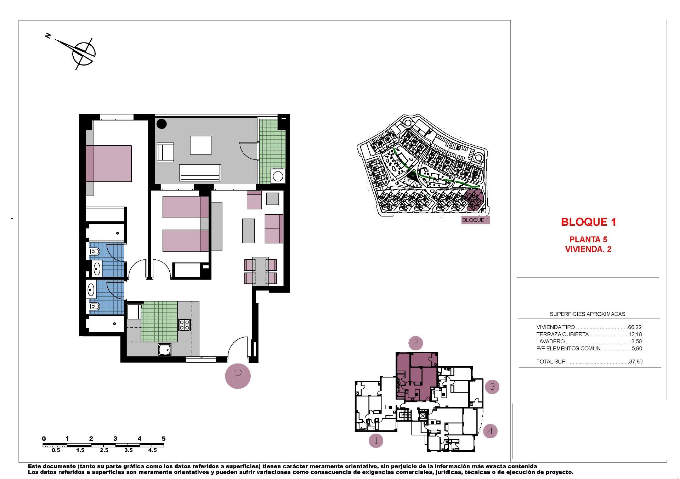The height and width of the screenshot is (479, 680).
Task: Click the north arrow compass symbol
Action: click(x=84, y=53)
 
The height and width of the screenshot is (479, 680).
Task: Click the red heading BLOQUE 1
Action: click(x=588, y=222)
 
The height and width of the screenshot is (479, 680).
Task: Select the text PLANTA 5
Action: click(x=588, y=239)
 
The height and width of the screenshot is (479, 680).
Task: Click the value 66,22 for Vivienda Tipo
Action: click(x=635, y=327)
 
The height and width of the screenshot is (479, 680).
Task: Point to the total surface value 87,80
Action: click(x=635, y=362)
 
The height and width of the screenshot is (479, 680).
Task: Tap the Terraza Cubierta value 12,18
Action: click(x=635, y=334)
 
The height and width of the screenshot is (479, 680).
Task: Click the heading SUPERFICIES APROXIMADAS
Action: click(x=587, y=314)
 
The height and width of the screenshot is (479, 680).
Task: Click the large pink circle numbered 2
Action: click(x=238, y=376)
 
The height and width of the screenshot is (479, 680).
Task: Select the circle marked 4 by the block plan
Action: click(x=490, y=431)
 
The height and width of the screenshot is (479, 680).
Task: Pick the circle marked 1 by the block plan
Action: click(x=376, y=441)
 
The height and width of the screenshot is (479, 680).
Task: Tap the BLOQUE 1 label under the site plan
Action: click(x=475, y=220)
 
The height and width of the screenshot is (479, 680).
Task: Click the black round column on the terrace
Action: click(x=162, y=124)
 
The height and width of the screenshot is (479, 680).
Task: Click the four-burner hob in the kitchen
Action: click(x=185, y=325)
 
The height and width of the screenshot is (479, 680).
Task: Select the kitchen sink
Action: click(x=165, y=350)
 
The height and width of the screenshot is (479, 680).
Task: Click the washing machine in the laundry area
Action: click(x=278, y=176)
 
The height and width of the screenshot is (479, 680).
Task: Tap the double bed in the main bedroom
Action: click(x=108, y=163)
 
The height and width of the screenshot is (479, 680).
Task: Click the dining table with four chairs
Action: click(x=261, y=271)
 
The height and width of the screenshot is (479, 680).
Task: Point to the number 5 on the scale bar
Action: click(x=164, y=439)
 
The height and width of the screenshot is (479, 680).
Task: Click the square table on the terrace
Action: click(x=200, y=145)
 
